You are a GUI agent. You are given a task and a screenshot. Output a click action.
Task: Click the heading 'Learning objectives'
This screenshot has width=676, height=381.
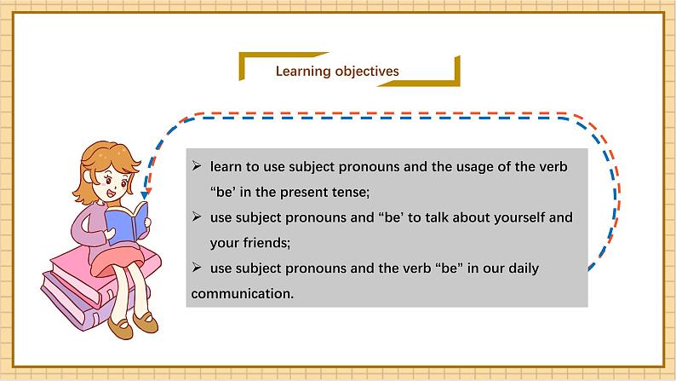coord(337,72)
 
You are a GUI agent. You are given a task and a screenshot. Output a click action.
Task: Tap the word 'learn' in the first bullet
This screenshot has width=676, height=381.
coord(226,166)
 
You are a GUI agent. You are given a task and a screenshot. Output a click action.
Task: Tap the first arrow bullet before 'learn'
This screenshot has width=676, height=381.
coord(197,166)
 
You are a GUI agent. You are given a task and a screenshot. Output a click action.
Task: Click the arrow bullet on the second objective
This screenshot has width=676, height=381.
coord(197,217)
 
